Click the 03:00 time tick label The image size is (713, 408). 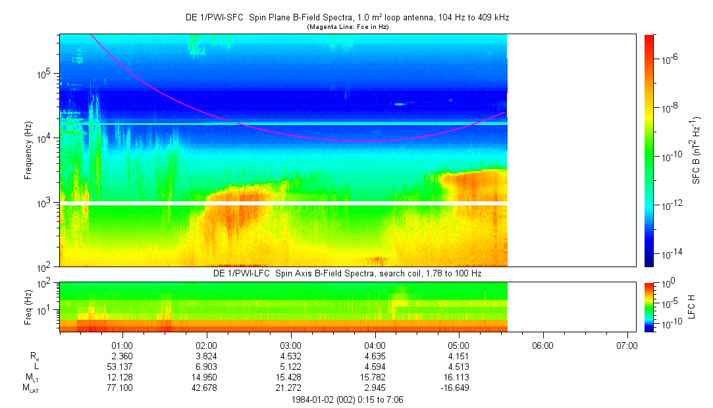coord(290,345)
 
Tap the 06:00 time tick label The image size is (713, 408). coord(542,345)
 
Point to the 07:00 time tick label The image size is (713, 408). coord(627,345)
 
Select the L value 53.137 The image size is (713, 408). coord(122,366)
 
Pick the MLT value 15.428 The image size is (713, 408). coord(290,377)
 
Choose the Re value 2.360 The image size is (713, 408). coord(122,355)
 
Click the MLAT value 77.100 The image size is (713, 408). coord(122,388)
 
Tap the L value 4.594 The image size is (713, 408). coord(375,366)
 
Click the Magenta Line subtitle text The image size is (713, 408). coord(347,26)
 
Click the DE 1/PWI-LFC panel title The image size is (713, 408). coord(347,273)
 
